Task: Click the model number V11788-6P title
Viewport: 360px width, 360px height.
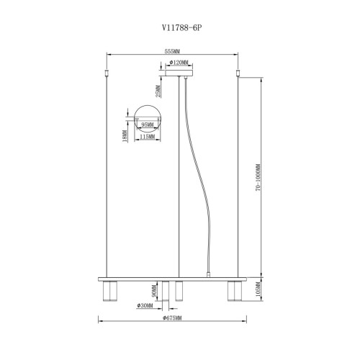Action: click(181, 28)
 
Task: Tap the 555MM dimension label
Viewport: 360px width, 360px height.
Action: click(172, 51)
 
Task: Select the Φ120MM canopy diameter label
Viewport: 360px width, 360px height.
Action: click(179, 63)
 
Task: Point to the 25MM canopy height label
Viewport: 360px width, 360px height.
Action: click(158, 91)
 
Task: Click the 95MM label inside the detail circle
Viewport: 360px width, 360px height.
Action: click(148, 125)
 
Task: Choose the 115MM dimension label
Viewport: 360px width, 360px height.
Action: click(147, 137)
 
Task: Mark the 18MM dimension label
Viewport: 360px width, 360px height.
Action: click(125, 136)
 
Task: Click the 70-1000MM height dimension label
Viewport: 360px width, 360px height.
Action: click(258, 177)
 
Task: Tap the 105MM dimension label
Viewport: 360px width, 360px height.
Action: click(258, 289)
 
